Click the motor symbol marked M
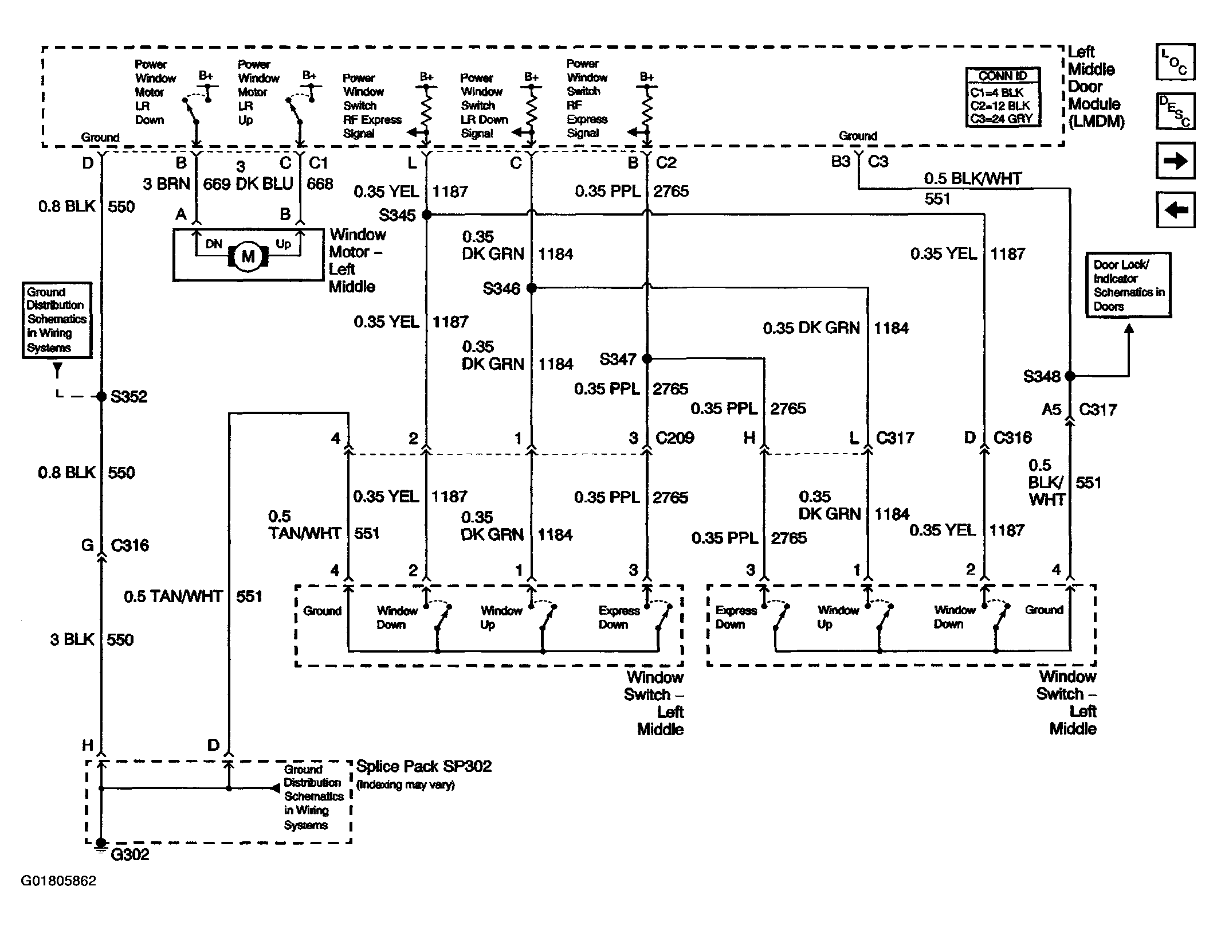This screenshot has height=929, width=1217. point(248,256)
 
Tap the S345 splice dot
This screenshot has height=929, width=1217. point(426,214)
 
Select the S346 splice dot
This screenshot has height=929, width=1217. point(531,288)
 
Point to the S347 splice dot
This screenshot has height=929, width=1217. point(647,358)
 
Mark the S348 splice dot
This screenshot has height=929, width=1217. point(1070,376)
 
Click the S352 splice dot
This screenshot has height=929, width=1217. point(101,396)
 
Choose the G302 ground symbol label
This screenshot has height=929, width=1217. point(129,854)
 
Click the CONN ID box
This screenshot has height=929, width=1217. point(1003,97)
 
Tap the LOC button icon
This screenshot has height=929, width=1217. point(1175,62)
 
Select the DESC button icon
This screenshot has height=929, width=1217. point(1175,111)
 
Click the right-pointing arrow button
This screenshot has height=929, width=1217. point(1175,161)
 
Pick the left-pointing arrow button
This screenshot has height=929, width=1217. point(1175,209)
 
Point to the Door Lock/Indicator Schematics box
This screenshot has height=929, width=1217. point(1128,285)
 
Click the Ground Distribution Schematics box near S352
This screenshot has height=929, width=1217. point(57,320)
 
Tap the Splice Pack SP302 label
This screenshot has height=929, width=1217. point(424,766)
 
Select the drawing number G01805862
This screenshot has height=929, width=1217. point(58,881)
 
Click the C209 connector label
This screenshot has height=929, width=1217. point(674,438)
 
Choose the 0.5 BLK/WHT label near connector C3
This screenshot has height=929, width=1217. point(972,178)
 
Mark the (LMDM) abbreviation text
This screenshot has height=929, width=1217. point(1096,122)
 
